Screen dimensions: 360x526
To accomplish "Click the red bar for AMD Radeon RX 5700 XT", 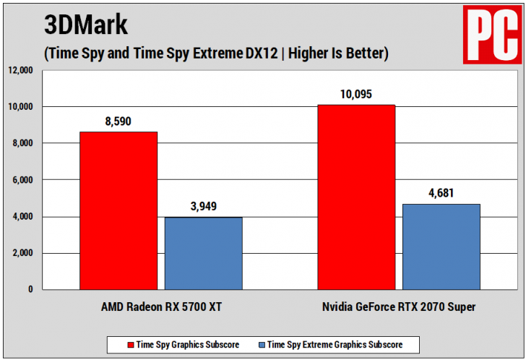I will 118,210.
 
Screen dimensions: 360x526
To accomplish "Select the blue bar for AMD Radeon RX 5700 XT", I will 203,253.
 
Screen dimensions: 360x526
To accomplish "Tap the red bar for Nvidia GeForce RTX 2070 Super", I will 356,197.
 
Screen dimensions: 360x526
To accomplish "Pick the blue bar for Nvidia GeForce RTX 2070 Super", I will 441,247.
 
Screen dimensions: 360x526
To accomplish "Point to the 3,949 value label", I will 203,207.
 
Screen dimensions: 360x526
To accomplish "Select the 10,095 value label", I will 356,95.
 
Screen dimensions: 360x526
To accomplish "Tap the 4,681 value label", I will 441,194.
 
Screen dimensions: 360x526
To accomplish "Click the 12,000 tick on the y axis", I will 21,70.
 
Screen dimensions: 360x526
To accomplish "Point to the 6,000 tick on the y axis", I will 23,180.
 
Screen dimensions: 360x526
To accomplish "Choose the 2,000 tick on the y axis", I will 23,253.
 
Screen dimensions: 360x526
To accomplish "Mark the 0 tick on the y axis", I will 30,289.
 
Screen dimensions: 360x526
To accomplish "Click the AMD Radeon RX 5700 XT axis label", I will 161,307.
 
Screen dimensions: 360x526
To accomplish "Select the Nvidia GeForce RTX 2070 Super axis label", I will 399,307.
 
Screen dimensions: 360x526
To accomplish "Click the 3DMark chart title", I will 86,25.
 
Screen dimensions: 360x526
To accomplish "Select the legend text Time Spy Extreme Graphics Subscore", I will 335,344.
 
